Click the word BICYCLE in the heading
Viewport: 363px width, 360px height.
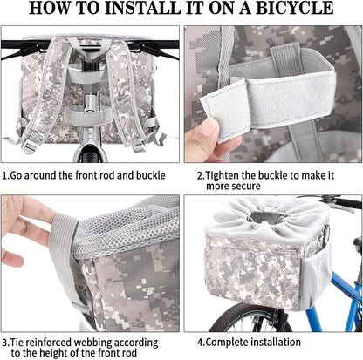click(294, 9)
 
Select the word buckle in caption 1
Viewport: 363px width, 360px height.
click(151, 175)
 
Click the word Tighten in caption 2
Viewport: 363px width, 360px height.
click(222, 175)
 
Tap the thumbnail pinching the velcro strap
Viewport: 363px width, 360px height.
click(209, 128)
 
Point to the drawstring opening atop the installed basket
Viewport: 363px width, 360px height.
click(267, 218)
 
